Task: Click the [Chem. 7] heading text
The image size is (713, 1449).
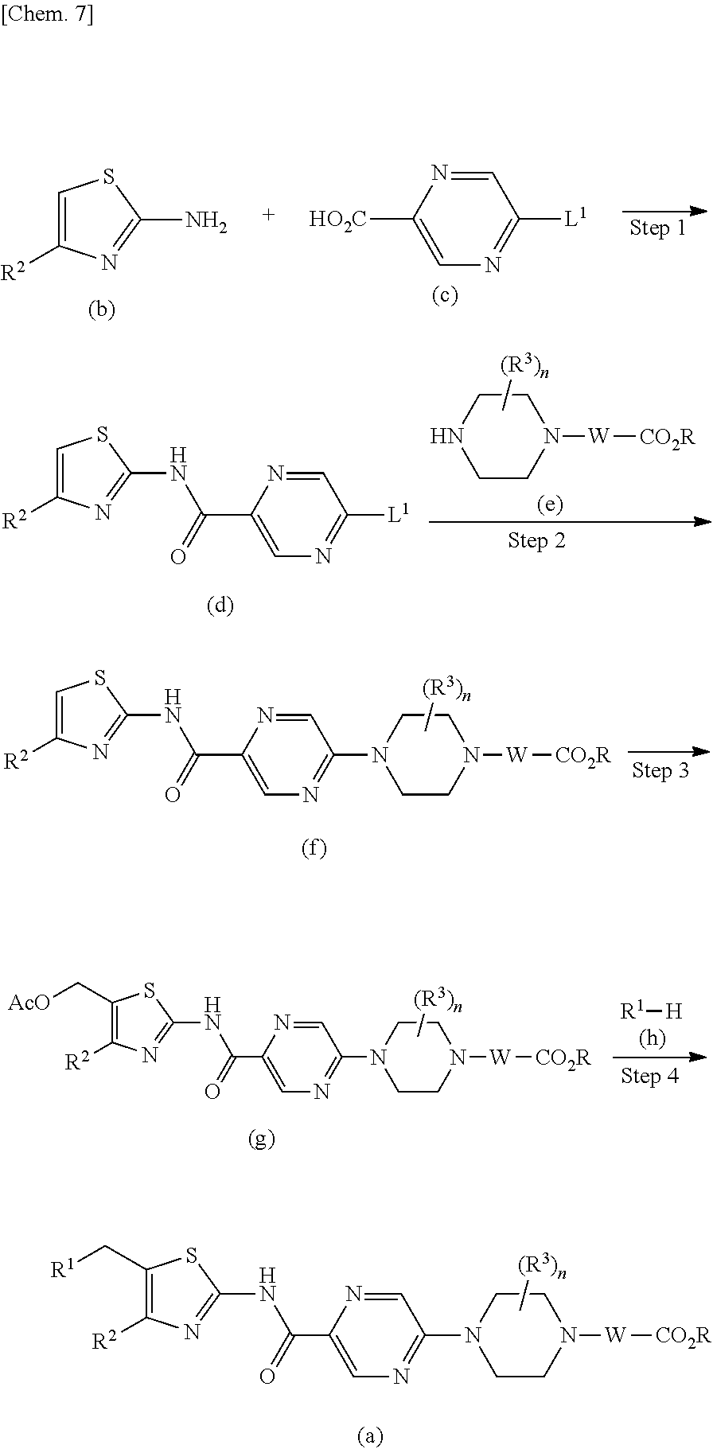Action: coord(48,14)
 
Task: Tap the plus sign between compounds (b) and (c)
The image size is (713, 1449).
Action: coord(269,214)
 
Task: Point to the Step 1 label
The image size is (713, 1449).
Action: coord(657,228)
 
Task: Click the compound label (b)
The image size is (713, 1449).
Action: coord(102,310)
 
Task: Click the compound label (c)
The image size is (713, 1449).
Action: coord(445,296)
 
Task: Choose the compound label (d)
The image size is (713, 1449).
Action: coord(220,606)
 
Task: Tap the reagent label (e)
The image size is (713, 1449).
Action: coord(549,504)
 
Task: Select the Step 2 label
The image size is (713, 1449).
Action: coord(537,541)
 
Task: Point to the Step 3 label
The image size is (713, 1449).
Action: coord(660,770)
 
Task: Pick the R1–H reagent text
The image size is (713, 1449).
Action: coord(651,1011)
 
